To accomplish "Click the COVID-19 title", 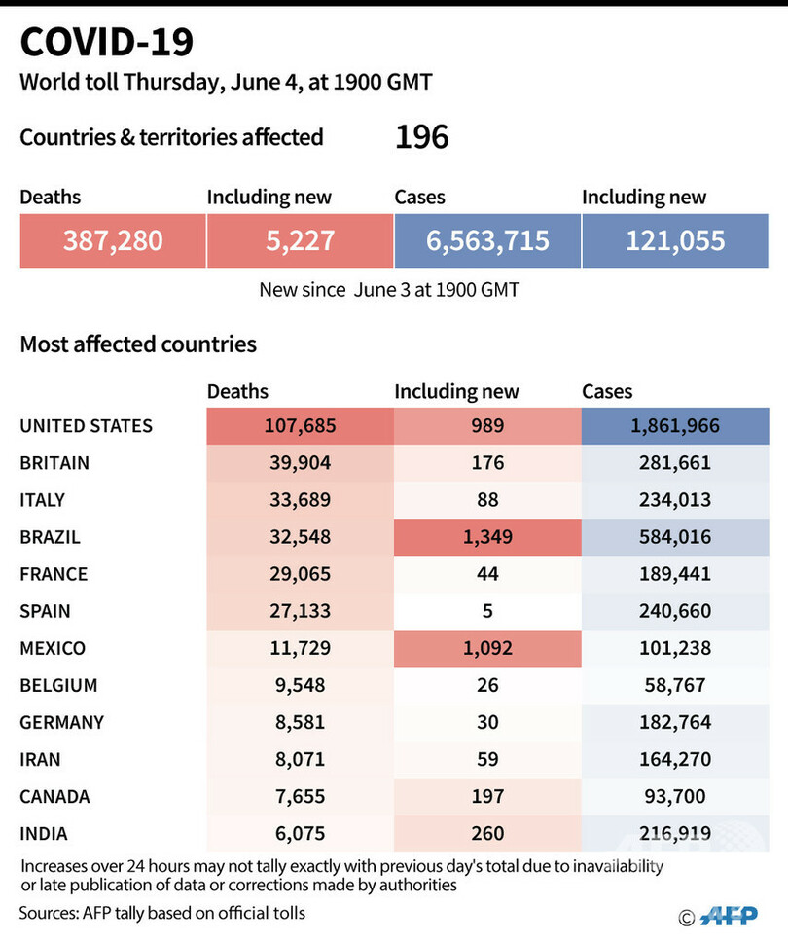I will pos(107,43).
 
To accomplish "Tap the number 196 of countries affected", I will pos(421,137).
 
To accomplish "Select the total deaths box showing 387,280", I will pos(113,240).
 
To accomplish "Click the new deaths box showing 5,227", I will pos(300,240).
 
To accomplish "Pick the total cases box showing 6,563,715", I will pos(487,240).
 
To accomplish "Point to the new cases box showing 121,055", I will pos(675,240).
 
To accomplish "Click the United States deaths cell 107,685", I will pos(300,426).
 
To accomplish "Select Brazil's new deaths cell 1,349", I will pos(487,537).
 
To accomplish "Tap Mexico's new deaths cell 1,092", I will pos(487,648).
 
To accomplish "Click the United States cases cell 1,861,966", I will pos(675,426).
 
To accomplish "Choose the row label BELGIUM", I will pos(58,685).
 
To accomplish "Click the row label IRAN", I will pos(42,759).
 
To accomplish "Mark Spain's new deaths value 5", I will pos(487,611).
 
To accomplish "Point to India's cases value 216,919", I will pos(675,833).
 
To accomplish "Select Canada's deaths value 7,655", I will pos(300,796).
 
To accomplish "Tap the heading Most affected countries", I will pos(138,344).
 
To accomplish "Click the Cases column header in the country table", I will pos(607,391).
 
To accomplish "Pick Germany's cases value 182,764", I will pos(675,722).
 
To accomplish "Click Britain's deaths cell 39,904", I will pos(300,463).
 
